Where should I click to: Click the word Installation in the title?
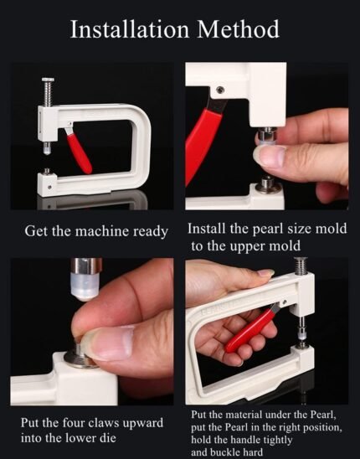click(x=130, y=29)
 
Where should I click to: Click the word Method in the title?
click(x=239, y=29)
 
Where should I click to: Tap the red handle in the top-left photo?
click(x=79, y=152)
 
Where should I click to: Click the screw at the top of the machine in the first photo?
click(x=48, y=92)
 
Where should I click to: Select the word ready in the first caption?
click(x=151, y=232)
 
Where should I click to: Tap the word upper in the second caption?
click(x=248, y=246)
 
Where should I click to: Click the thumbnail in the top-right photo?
click(x=270, y=155)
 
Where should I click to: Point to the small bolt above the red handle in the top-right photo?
click(x=220, y=90)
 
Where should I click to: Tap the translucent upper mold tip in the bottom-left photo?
click(x=85, y=286)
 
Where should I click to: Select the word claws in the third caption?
click(x=103, y=423)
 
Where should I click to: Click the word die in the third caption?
click(x=109, y=438)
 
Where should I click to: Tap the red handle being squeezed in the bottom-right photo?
click(x=251, y=328)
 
